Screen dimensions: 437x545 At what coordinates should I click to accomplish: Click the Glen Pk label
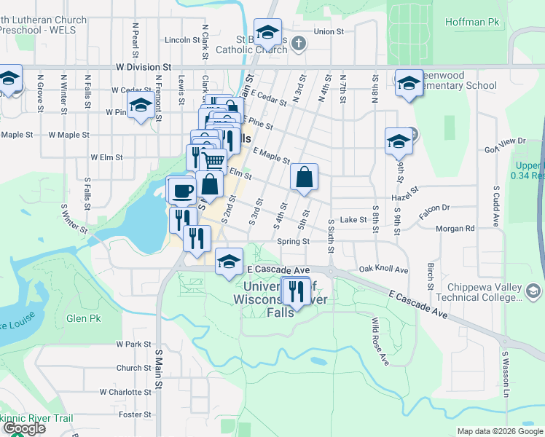[84, 319]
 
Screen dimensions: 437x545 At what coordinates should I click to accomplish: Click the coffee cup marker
[181, 190]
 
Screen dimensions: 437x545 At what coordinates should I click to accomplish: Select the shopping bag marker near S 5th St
[304, 177]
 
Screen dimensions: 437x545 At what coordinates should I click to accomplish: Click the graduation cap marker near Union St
[268, 32]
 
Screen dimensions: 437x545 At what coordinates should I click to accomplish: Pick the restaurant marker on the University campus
[296, 289]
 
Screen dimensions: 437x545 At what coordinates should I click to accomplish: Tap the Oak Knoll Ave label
[383, 269]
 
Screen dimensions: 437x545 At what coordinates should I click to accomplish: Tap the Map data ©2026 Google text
[499, 431]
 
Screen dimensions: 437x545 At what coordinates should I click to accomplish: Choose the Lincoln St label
[182, 39]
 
